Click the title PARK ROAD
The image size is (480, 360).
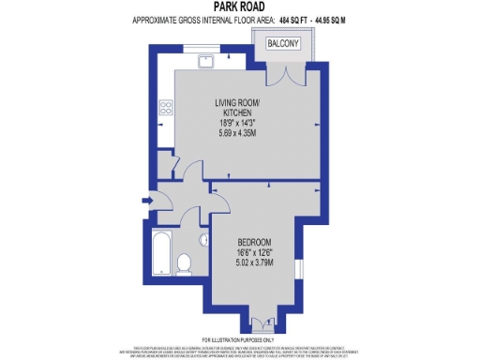(x=239, y=7)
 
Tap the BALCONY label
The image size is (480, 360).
(x=283, y=43)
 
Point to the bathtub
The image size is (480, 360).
(x=160, y=249)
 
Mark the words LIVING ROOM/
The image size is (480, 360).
(x=239, y=101)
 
